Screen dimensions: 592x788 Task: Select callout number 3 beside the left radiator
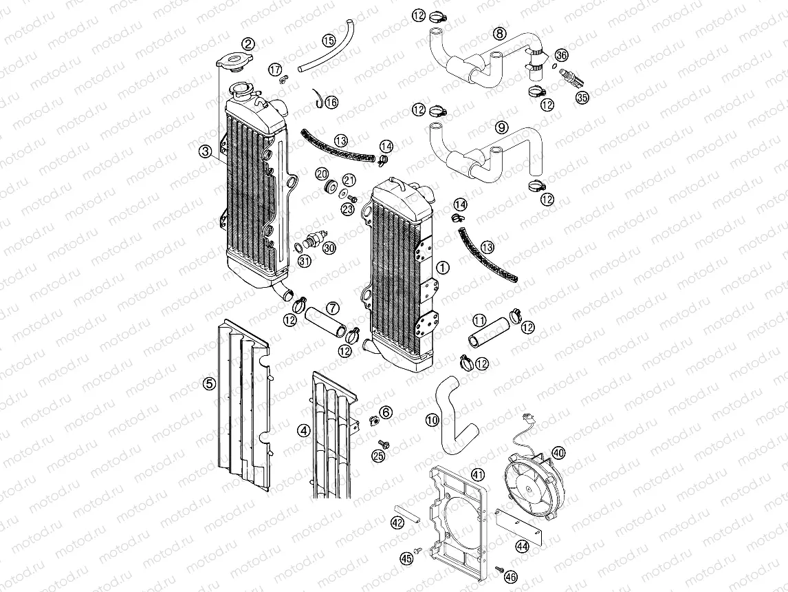point(205,151)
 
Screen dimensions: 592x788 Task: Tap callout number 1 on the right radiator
point(444,266)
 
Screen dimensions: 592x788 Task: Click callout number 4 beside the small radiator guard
point(303,430)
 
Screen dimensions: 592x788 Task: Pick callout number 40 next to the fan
point(558,453)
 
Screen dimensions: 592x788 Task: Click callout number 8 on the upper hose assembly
point(500,33)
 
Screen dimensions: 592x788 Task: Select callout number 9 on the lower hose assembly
point(501,127)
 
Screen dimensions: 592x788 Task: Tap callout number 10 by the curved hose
point(431,419)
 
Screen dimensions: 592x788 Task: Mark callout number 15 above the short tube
point(329,41)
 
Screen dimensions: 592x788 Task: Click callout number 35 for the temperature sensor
point(582,98)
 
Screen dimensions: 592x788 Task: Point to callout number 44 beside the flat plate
point(522,546)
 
